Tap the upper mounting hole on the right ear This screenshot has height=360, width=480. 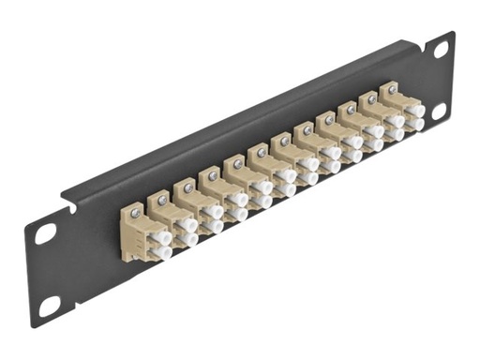pos(438,53)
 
